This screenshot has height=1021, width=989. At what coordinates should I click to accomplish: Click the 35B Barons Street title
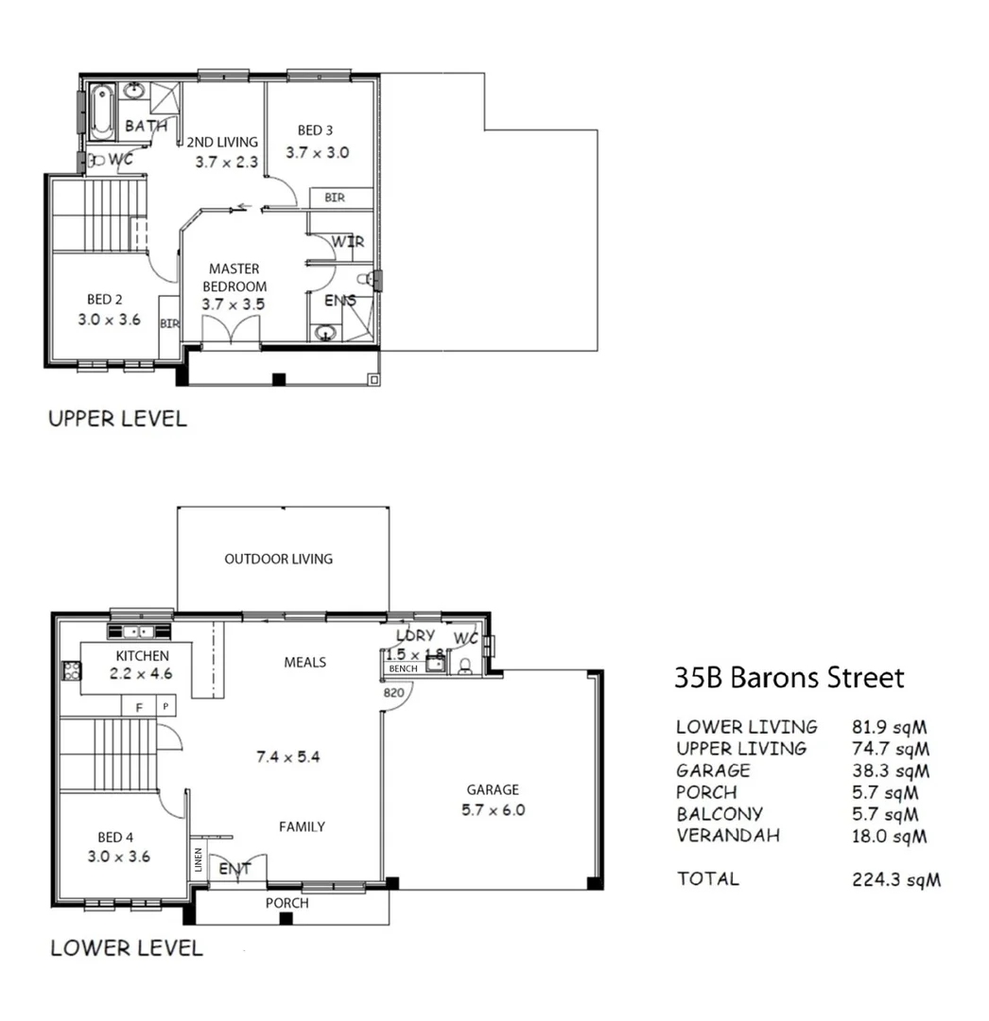click(789, 678)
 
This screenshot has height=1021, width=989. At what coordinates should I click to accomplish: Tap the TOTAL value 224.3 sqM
click(896, 880)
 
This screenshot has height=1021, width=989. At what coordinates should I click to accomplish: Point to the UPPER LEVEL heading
click(117, 419)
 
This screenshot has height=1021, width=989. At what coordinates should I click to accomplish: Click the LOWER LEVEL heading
click(126, 947)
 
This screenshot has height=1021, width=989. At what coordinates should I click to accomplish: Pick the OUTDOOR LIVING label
click(278, 559)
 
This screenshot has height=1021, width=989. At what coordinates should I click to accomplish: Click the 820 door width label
click(394, 692)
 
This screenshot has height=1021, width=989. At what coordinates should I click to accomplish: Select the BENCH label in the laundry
click(403, 668)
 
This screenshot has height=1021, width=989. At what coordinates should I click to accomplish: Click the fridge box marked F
click(139, 705)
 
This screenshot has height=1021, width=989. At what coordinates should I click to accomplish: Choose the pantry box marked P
click(165, 705)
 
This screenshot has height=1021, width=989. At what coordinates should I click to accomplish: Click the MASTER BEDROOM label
click(234, 277)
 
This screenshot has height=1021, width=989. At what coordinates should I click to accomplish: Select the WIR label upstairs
click(348, 242)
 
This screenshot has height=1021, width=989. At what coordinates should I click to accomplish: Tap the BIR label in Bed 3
click(334, 198)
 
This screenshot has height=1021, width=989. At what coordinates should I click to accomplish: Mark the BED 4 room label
click(110, 837)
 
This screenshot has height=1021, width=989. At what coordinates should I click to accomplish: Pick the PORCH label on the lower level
click(286, 903)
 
